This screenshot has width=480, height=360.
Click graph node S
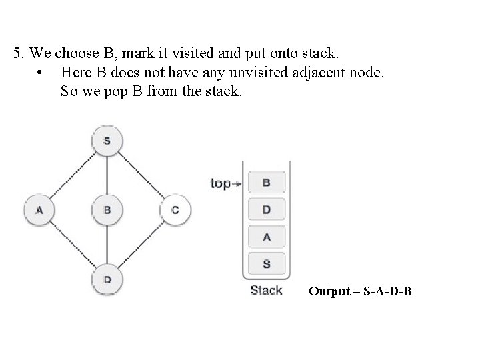[107, 141]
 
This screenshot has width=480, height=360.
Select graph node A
[39, 210]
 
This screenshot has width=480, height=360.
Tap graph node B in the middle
[107, 210]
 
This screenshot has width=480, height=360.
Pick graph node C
[175, 210]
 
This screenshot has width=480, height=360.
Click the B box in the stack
[267, 182]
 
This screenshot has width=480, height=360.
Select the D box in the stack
[267, 209]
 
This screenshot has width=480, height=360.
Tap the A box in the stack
[267, 236]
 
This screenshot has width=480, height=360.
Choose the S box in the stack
[267, 263]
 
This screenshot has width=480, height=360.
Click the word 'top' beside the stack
[220, 183]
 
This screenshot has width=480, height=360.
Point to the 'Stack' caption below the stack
[266, 290]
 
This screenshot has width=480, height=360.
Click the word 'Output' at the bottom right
[329, 291]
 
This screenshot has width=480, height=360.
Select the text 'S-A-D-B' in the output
[387, 291]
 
